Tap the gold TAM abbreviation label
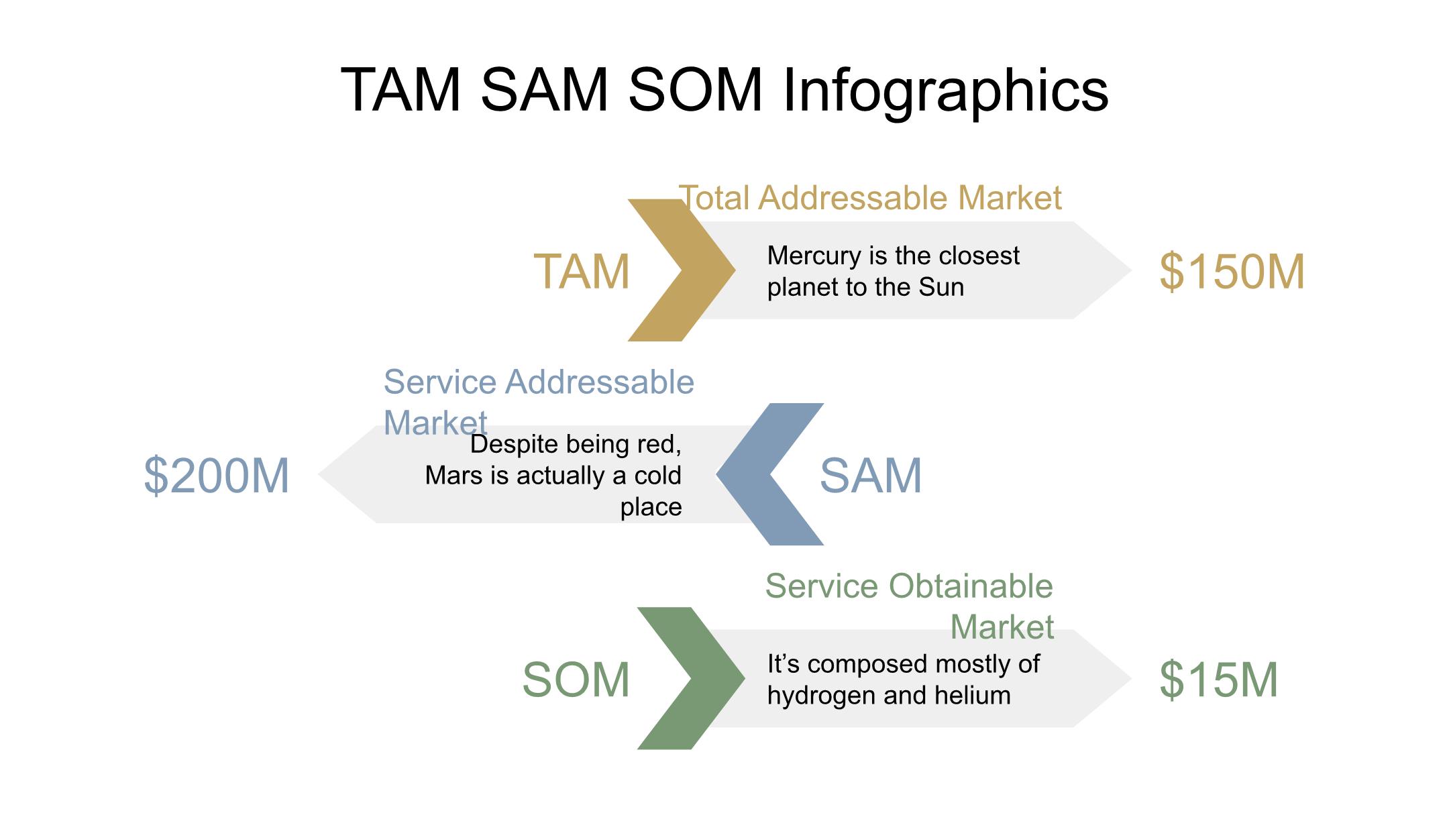pos(582,272)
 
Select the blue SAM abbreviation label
pos(871,476)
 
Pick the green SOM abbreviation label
pos(576,680)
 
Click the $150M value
pos(1232,272)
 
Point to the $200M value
pos(217,476)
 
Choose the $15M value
pos(1218,680)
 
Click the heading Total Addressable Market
pos(870,198)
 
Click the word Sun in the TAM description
pos(941,288)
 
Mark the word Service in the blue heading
pos(439,382)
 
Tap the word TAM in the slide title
pos(401,91)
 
